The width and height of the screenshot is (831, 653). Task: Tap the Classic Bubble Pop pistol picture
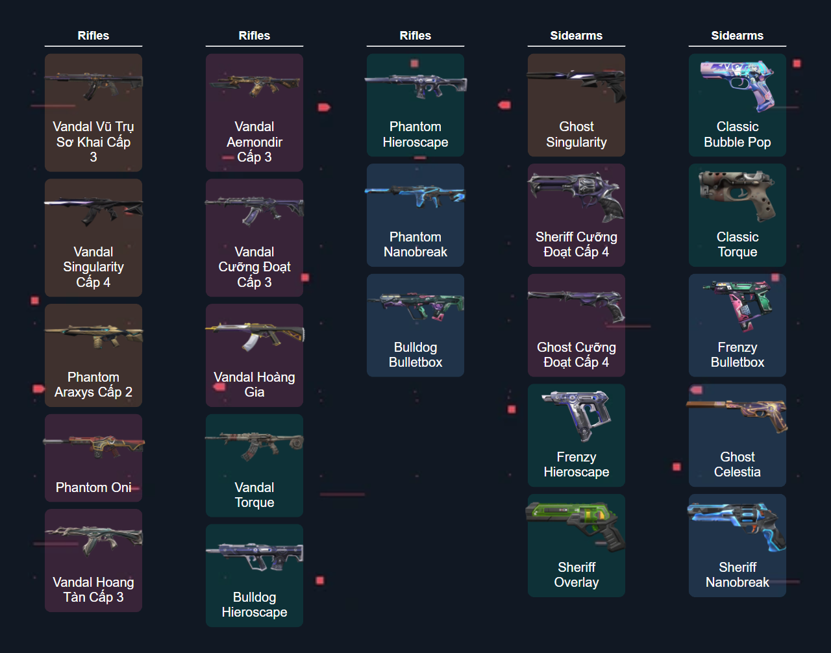point(738,84)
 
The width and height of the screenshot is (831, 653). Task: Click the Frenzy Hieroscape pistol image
point(576,414)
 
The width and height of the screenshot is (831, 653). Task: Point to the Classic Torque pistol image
point(738,194)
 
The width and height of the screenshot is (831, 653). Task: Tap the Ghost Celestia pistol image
point(738,414)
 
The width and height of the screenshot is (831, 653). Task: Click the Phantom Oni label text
point(93,487)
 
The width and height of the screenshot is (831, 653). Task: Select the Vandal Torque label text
point(254,495)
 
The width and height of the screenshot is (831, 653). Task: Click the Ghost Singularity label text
point(577,134)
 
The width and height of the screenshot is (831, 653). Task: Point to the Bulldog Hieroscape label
point(254,604)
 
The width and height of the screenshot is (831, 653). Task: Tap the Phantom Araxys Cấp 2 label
point(93,384)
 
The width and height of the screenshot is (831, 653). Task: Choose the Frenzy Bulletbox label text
point(738,354)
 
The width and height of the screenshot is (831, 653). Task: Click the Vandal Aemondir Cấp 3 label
point(254,142)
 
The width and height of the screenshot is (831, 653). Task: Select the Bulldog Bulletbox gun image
point(415,304)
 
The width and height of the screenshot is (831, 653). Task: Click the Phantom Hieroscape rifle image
point(415,84)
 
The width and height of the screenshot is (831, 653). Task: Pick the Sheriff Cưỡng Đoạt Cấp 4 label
point(577,244)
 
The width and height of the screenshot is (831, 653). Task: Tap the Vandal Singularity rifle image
point(93,209)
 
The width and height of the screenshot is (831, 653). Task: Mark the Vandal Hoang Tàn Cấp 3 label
point(93,589)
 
